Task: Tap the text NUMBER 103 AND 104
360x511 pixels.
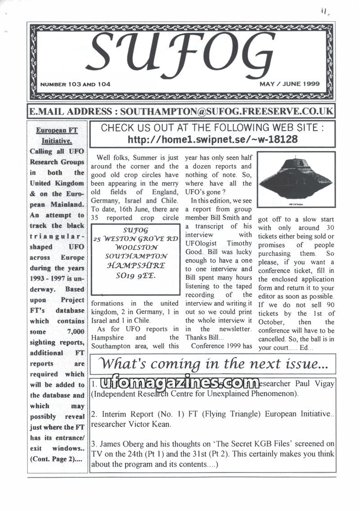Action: click(x=75, y=84)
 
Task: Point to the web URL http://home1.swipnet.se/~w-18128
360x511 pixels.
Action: click(x=212, y=140)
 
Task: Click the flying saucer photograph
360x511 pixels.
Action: click(x=296, y=179)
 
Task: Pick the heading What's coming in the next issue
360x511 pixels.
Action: click(x=212, y=363)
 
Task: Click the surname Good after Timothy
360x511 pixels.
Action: click(x=193, y=252)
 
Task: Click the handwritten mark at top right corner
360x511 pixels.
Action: click(x=324, y=12)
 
